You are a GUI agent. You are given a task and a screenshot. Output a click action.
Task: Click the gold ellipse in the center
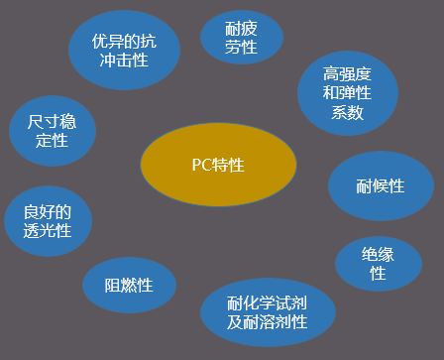pyautogui.click(x=218, y=165)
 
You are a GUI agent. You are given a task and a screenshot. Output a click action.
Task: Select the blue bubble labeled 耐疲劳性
pyautogui.click(x=241, y=38)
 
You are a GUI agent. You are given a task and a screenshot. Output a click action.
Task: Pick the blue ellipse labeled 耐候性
pyautogui.click(x=381, y=185)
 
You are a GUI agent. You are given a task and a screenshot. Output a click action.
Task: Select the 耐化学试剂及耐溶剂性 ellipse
pyautogui.click(x=268, y=312)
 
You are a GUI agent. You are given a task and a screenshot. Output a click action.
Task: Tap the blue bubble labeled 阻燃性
pyautogui.click(x=129, y=286)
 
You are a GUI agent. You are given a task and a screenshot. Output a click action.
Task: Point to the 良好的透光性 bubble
pyautogui.click(x=48, y=220)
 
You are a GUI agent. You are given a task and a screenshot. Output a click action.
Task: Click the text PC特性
pyautogui.click(x=218, y=165)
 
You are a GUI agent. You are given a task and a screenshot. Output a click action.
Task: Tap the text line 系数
pyautogui.click(x=348, y=113)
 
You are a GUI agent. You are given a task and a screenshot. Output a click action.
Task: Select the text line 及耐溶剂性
pyautogui.click(x=268, y=322)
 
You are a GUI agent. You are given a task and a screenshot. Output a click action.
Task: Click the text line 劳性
pyautogui.click(x=241, y=46)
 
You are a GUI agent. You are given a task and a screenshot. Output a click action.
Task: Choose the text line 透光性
pyautogui.click(x=48, y=230)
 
